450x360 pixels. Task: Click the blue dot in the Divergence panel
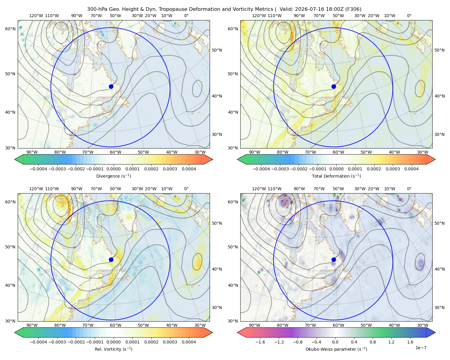[x=111, y=86]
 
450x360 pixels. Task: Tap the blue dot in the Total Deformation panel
[x=334, y=86]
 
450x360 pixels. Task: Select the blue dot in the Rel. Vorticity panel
[x=111, y=259]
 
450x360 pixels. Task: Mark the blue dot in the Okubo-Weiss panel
[x=334, y=259]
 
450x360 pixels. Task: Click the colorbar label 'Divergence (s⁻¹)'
[x=113, y=176]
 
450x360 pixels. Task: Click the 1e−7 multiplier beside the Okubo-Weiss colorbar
[x=421, y=348]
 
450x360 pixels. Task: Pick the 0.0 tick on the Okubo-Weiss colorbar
[x=335, y=342]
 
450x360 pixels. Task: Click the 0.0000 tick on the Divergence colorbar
[x=113, y=169]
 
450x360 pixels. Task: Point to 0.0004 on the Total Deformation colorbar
[x=411, y=169]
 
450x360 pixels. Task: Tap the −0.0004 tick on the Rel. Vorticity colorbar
[x=38, y=342]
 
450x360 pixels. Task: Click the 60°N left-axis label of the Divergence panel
[x=10, y=29]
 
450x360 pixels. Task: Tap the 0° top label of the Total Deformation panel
[x=409, y=16]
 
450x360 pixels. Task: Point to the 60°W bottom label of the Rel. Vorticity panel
[x=115, y=325]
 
